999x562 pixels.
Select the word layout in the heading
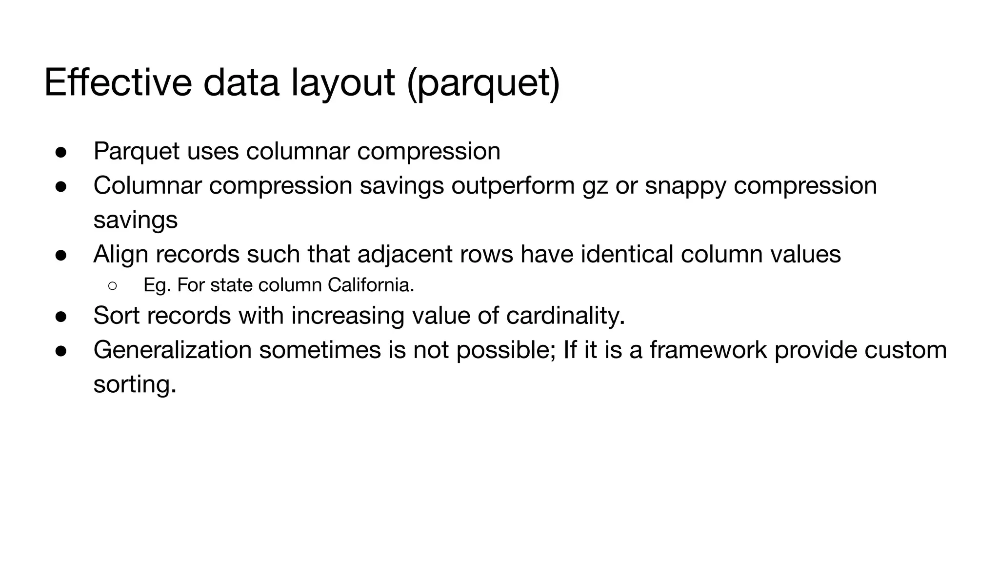342,83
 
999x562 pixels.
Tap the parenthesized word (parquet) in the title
483,83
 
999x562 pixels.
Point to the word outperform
513,186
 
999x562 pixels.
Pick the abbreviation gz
595,186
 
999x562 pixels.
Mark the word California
371,285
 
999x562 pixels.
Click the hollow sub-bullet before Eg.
112,285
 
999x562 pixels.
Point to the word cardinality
565,315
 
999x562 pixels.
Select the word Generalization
173,350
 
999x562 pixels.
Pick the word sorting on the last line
135,384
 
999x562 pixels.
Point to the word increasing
348,315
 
